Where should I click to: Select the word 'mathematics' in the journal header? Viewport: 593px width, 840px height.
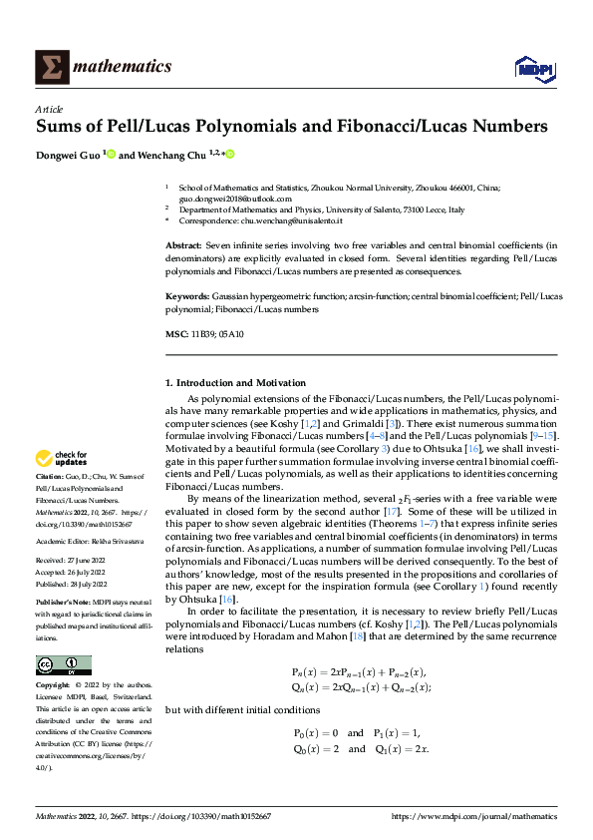point(126,67)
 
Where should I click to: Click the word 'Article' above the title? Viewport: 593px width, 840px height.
point(48,109)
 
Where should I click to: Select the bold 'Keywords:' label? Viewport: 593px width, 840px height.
point(187,297)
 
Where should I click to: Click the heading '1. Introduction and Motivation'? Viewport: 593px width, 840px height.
point(236,383)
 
